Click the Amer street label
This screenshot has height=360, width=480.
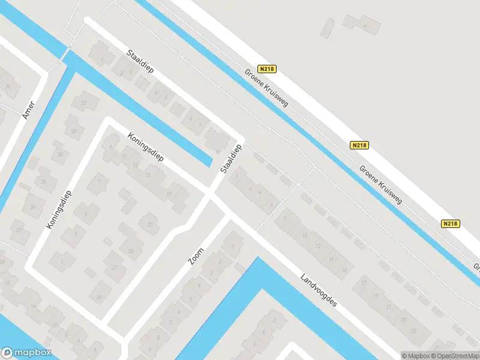coord(29,109)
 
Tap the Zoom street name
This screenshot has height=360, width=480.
coord(196,256)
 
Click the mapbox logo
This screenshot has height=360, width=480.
coord(26,353)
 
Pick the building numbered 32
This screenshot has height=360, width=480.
coord(84,103)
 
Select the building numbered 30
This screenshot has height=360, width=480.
coord(74,131)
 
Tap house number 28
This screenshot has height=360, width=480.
coord(59,154)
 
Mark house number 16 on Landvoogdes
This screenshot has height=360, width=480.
coord(344,271)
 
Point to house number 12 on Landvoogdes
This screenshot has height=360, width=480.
coord(317,246)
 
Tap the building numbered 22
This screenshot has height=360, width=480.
coord(19,230)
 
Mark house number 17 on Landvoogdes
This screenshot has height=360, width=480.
coord(364,283)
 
